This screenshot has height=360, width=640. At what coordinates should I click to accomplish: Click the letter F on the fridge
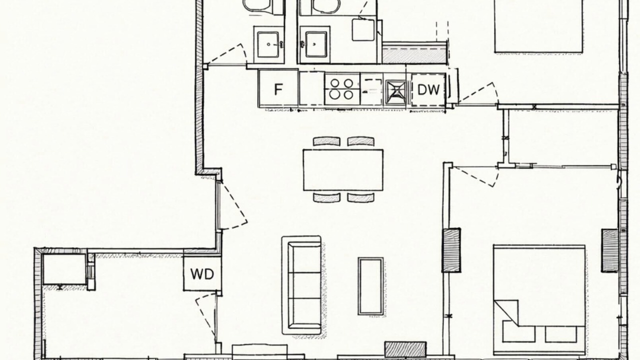tap(278, 89)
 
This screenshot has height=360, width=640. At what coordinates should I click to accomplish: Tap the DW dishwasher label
tap(428, 89)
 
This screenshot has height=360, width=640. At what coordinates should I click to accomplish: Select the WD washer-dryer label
tap(202, 274)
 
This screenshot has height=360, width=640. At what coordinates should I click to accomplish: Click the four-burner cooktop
tap(342, 89)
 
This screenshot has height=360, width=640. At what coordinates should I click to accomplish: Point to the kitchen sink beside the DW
tap(395, 92)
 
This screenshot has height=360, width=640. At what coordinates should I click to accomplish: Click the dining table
tap(343, 169)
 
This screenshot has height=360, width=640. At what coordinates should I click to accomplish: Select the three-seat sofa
tap(302, 285)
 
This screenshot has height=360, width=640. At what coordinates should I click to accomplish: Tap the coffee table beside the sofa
tap(370, 286)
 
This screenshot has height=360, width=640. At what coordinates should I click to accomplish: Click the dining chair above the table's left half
tap(326, 141)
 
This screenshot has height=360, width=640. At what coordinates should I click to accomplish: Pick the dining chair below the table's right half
tap(361, 197)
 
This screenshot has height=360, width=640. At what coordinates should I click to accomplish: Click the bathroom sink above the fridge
tap(268, 44)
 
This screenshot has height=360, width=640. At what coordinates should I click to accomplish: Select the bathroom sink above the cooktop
tap(315, 44)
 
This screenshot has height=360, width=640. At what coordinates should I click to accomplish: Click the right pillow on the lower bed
tap(561, 334)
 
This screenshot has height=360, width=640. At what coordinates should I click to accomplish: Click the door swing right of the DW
tap(477, 93)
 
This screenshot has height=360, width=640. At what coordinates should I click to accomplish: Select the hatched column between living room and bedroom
tap(451, 250)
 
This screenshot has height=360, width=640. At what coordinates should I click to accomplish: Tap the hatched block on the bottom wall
tap(405, 349)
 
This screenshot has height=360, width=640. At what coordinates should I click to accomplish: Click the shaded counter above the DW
tap(414, 53)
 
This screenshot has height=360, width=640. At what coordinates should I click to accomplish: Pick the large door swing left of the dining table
tap(233, 205)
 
